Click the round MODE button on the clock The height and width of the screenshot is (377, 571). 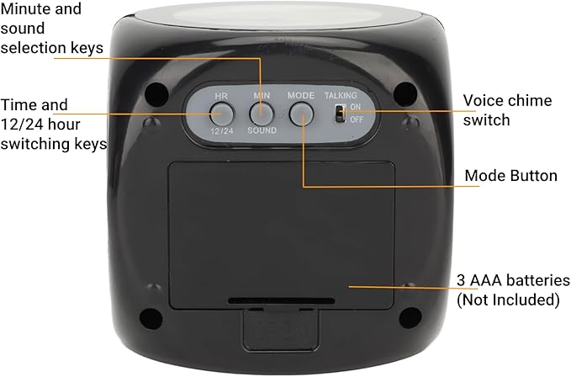click(x=300, y=113)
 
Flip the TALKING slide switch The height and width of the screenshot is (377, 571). click(x=339, y=114)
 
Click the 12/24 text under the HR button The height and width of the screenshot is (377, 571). click(x=222, y=131)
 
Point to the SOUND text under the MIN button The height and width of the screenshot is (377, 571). click(x=261, y=131)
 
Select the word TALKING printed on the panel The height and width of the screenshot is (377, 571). click(x=341, y=96)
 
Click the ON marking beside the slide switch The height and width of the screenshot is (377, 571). click(x=356, y=108)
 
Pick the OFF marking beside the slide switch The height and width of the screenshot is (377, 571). click(x=357, y=119)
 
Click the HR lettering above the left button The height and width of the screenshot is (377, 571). click(x=222, y=96)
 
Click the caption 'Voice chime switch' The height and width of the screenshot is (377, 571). click(x=507, y=110)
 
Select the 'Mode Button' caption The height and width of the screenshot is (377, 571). click(x=510, y=176)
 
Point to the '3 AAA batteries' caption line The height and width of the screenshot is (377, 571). click(x=513, y=280)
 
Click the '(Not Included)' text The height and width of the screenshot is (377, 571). click(x=507, y=300)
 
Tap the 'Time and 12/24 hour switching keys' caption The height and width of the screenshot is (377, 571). click(x=54, y=125)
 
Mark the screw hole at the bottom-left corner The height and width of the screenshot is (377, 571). click(x=151, y=316)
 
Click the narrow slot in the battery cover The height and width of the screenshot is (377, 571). click(x=281, y=299)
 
